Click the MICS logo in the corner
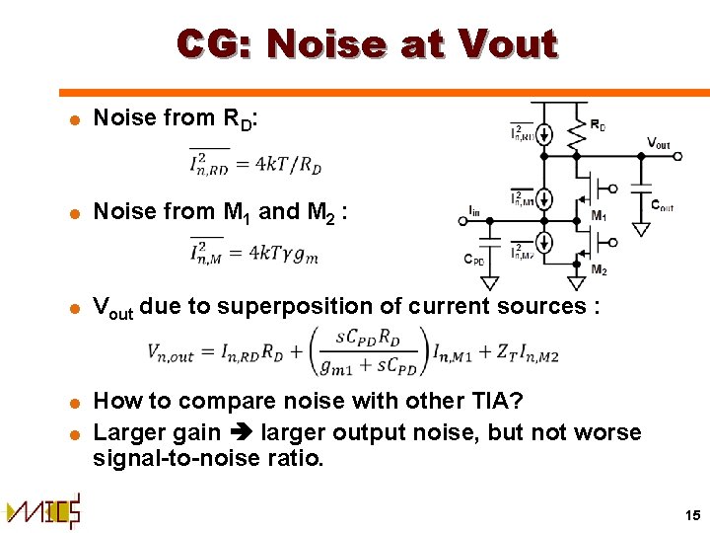(44, 510)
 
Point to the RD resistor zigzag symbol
(577, 137)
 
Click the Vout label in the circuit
(658, 143)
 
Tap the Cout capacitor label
(663, 205)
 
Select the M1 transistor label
(599, 216)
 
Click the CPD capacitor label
(474, 262)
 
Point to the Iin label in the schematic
(475, 210)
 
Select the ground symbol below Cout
(641, 229)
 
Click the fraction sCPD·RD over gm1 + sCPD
(380, 350)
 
